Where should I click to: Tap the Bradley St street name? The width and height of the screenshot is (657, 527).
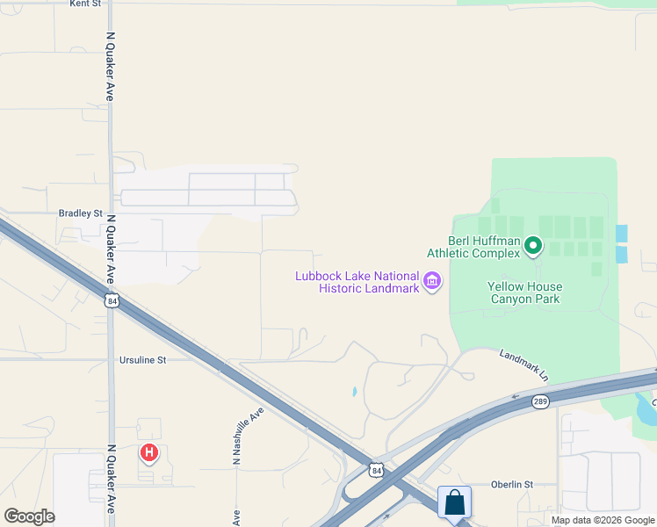(x=80, y=213)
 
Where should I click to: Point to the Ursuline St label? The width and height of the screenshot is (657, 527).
(x=142, y=360)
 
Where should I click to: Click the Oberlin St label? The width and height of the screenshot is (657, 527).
(x=512, y=484)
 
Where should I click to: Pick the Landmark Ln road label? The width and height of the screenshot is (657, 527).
(x=523, y=365)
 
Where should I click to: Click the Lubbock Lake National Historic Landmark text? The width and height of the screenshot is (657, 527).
(x=357, y=283)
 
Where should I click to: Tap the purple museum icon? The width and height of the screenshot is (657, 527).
(x=432, y=281)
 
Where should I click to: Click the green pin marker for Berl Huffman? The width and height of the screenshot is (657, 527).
(x=532, y=247)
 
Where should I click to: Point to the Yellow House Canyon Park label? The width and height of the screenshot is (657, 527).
(x=524, y=293)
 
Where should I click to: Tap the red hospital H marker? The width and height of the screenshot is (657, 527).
(x=149, y=453)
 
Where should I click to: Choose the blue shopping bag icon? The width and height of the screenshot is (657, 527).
(x=455, y=503)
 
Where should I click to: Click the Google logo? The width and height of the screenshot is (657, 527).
(x=29, y=516)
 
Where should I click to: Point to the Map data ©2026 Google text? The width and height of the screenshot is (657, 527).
(x=603, y=520)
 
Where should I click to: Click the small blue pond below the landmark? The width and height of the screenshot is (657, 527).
(x=353, y=392)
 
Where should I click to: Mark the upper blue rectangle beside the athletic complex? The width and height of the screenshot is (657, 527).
(x=622, y=233)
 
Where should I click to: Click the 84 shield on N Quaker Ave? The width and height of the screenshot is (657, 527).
(x=111, y=301)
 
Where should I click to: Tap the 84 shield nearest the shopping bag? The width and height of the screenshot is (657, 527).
(x=375, y=470)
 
